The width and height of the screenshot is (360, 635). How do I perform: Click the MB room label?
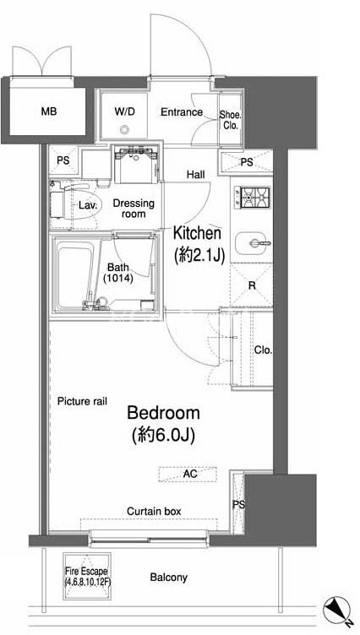[49, 111]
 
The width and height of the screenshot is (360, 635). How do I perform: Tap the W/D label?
[124, 111]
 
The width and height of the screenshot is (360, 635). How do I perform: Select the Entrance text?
[182, 111]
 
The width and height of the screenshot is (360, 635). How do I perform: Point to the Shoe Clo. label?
[230, 120]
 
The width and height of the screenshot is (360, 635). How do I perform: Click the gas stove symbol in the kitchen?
[255, 198]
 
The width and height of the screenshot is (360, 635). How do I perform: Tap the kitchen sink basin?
[254, 243]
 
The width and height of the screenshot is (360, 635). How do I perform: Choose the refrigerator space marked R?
[251, 285]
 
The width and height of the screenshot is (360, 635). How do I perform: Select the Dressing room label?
[134, 209]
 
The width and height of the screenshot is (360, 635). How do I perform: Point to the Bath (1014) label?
[118, 273]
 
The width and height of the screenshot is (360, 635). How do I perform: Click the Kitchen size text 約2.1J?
[199, 256]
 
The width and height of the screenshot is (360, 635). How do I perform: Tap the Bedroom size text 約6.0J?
[164, 436]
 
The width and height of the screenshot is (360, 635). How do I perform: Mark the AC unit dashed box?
[188, 474]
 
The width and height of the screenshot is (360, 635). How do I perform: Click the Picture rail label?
[82, 401]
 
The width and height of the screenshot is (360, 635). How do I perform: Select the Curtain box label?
[154, 512]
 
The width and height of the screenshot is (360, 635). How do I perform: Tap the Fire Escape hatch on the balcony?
[86, 577]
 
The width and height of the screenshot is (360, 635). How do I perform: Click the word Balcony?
[169, 577]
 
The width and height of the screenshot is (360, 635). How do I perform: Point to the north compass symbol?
[337, 610]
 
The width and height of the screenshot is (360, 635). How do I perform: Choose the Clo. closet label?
[263, 350]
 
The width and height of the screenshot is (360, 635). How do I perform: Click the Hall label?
[196, 175]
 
